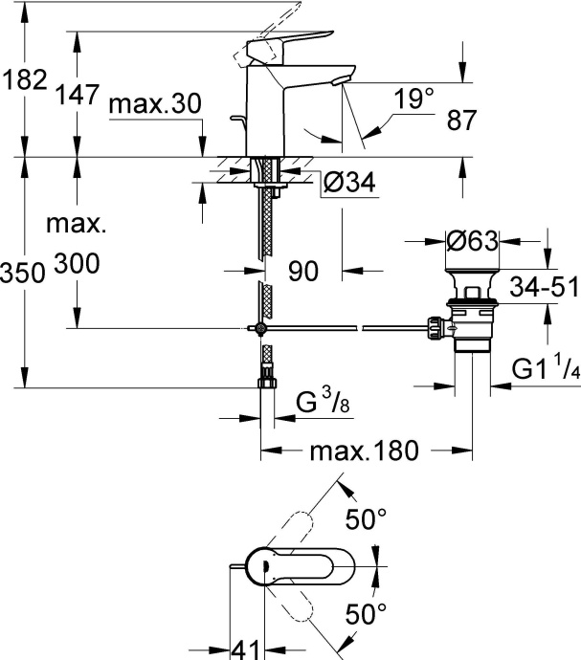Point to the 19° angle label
click(x=413, y=97)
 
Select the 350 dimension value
click(x=23, y=272)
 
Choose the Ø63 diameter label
click(x=472, y=242)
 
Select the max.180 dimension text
click(x=367, y=451)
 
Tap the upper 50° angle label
click(x=366, y=520)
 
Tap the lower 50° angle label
click(x=366, y=612)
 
